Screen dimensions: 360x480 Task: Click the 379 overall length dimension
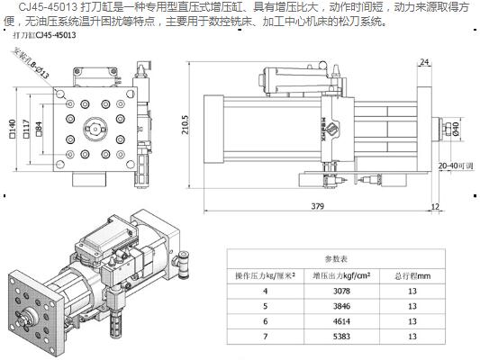point(318,206)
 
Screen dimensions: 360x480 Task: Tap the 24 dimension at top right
point(423,62)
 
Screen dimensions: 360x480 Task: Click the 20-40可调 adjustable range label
point(455,166)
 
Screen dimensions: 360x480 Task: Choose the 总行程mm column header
point(412,274)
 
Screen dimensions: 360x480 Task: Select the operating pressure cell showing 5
point(265,308)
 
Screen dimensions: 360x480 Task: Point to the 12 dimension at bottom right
point(436,206)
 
